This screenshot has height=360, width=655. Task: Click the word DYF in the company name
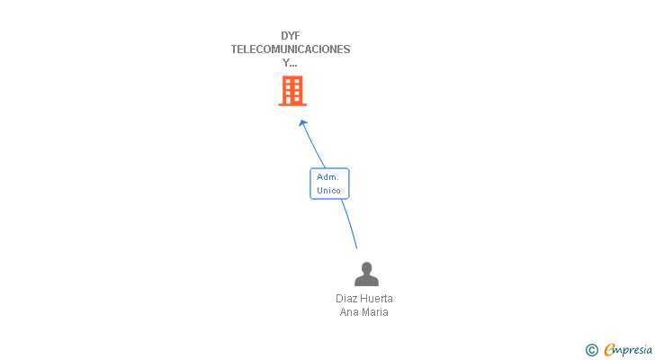[x=290, y=36]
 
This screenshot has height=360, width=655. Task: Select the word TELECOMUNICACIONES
[x=291, y=49]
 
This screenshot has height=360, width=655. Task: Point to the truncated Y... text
[x=290, y=63]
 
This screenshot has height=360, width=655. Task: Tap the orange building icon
[x=292, y=91]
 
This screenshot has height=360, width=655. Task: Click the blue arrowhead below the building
[x=303, y=122]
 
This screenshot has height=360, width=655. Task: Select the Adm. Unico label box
[x=329, y=184]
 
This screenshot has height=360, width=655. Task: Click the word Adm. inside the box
[x=327, y=177]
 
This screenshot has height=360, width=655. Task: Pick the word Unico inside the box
[x=329, y=191]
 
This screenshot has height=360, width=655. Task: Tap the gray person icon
[x=366, y=274]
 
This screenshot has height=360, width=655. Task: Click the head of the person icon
[x=366, y=267]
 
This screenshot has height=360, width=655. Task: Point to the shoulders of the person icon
[x=366, y=280]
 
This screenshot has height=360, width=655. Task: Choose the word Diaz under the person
[x=347, y=299]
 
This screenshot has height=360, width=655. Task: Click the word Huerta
[x=377, y=299]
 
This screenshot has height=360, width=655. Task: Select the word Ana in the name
[x=349, y=312]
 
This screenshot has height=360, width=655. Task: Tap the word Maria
[x=375, y=312]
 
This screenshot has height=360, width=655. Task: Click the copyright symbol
[x=591, y=350]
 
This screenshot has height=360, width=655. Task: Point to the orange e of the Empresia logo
[x=609, y=350]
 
